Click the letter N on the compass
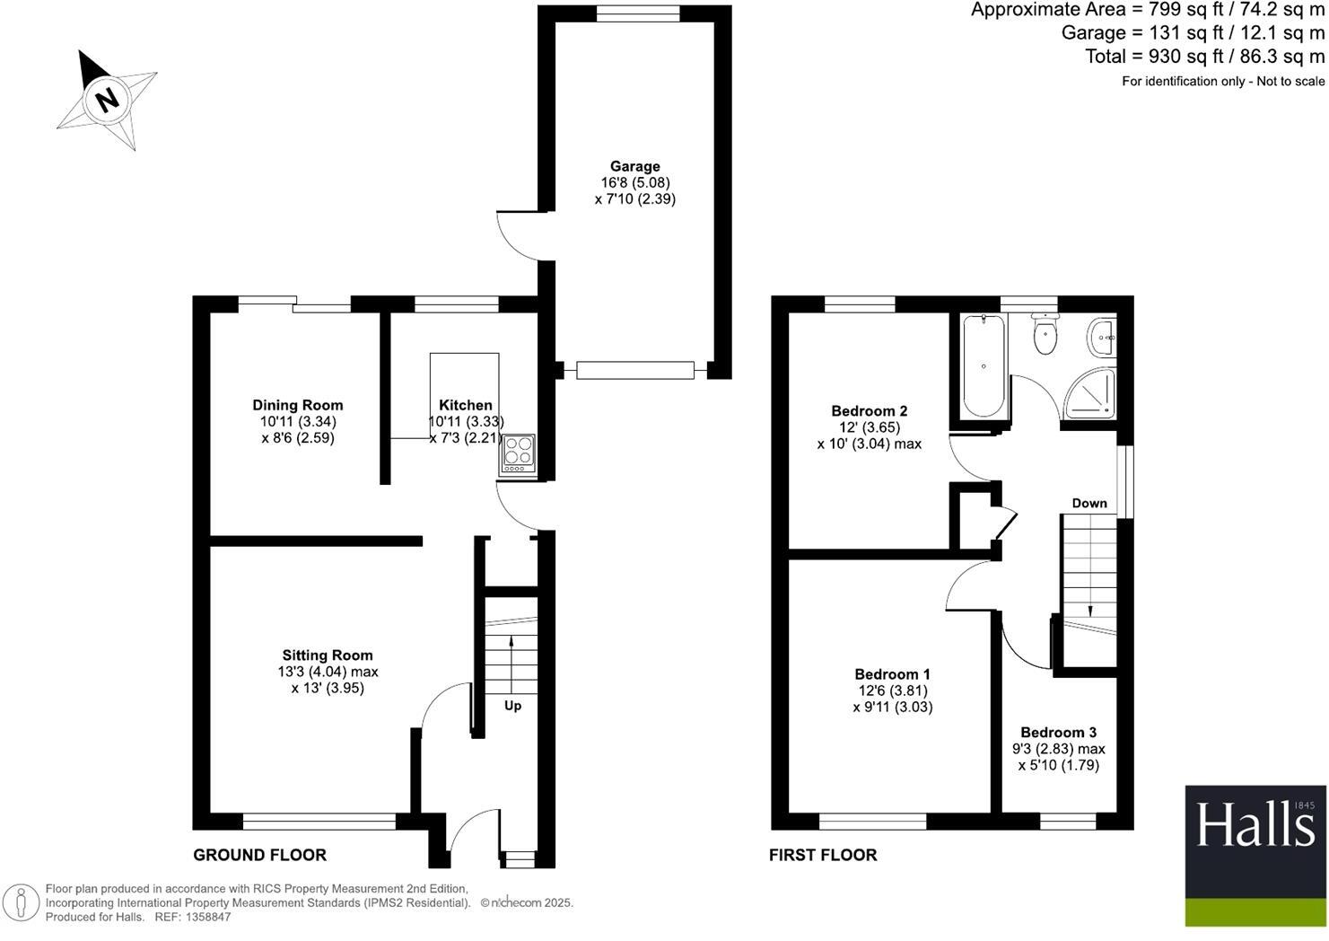[x=108, y=99]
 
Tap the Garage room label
[x=634, y=166]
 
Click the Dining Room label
[x=297, y=405]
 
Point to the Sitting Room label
[x=328, y=655]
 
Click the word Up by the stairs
[x=512, y=706]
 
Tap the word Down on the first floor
[x=1089, y=503]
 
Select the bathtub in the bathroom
[x=984, y=366]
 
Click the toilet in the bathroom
[x=1045, y=336]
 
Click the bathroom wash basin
[x=1102, y=339]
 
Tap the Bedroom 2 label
[x=869, y=411]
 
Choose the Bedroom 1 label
[x=892, y=674]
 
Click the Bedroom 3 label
[x=1058, y=733]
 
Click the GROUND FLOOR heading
[x=260, y=855]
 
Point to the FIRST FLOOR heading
[x=823, y=856]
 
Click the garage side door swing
[x=519, y=235]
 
